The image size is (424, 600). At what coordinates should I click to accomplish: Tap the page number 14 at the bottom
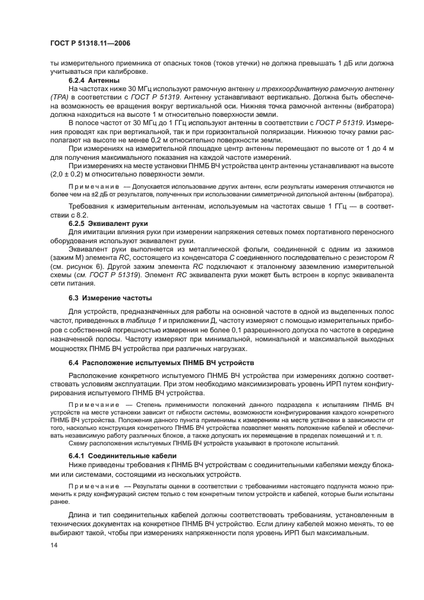(x=55, y=545)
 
